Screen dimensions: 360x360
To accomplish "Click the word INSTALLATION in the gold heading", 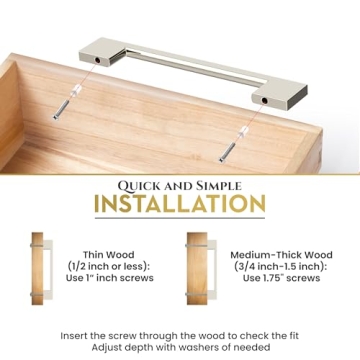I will [180, 205].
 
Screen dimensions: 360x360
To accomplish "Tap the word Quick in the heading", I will [144, 185].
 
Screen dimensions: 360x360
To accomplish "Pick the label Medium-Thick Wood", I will [268, 254].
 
